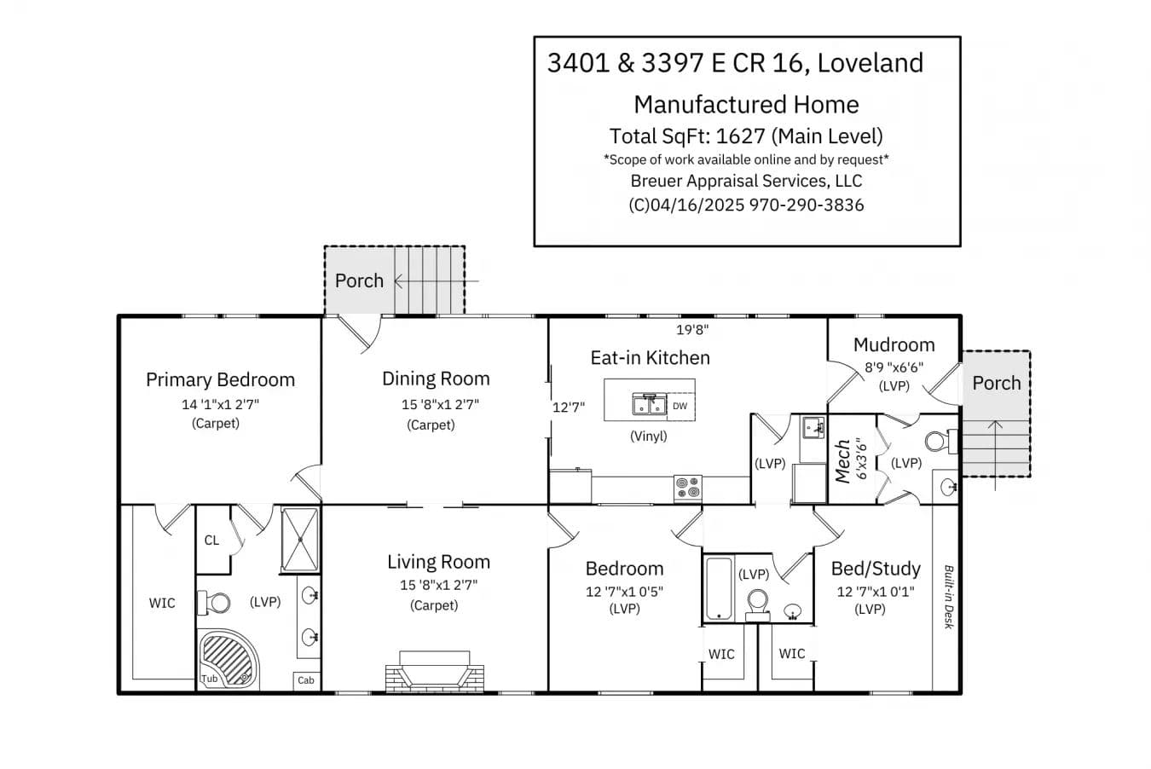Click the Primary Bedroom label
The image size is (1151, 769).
(221, 380)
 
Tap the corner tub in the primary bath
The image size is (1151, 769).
(227, 660)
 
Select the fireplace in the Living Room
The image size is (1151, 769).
(435, 672)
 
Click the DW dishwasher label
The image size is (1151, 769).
(680, 406)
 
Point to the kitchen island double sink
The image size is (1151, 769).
(650, 404)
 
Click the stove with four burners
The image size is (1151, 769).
(688, 488)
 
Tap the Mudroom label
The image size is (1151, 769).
(894, 344)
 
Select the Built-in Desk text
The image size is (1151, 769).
(949, 597)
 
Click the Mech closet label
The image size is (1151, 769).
(843, 461)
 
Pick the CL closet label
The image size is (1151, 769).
(211, 540)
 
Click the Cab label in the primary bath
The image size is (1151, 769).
(306, 680)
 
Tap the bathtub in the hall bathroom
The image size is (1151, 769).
(719, 589)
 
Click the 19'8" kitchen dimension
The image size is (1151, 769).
(692, 330)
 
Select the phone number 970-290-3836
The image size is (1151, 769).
(807, 205)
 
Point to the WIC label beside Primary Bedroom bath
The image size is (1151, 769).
(162, 603)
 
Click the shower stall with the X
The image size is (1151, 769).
(300, 540)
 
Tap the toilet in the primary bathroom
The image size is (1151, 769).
(214, 603)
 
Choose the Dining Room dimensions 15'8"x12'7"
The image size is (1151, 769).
(440, 405)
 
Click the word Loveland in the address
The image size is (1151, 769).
(870, 63)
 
